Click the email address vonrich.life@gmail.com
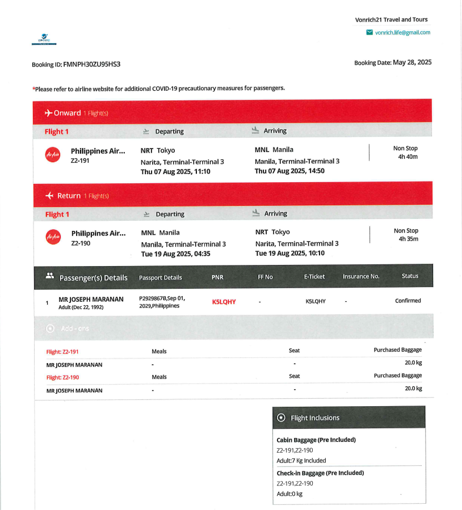coord(402,32)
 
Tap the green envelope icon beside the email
coord(369,32)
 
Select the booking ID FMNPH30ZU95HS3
coord(91,64)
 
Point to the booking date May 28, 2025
coord(412,62)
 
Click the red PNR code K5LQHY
coord(224,302)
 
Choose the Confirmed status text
coord(408,301)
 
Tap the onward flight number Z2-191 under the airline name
coord(80,161)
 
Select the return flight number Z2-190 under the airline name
coord(81,243)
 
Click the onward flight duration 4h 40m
coord(408,157)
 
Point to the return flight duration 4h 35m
coord(408,239)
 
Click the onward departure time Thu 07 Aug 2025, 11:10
coord(175,171)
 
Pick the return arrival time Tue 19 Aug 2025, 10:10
coord(290,254)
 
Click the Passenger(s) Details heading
coord(94,278)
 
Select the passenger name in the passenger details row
coord(91,300)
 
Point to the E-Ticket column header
coord(314,277)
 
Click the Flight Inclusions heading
coord(315,418)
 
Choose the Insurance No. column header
coord(361,276)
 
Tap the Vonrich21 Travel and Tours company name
coord(392,19)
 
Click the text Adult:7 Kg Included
coord(301,461)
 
